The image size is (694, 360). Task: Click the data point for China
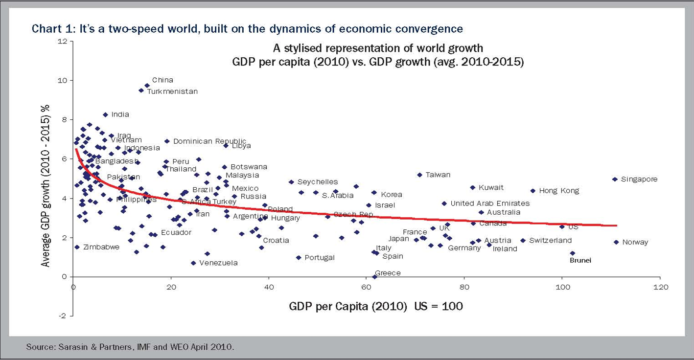(x=147, y=85)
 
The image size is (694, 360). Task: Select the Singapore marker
(x=615, y=179)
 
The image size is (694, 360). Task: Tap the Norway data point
(x=616, y=242)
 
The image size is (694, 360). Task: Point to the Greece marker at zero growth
(x=374, y=277)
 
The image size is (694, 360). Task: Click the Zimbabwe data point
(x=77, y=247)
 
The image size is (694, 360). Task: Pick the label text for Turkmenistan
(x=172, y=91)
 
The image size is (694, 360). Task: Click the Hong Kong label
(x=559, y=191)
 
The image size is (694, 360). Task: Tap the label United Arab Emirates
(x=490, y=203)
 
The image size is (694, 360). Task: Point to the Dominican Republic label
(x=209, y=141)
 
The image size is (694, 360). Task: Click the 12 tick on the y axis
(x=62, y=41)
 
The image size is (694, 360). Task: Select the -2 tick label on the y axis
(x=62, y=315)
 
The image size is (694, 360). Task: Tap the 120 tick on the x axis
(x=660, y=287)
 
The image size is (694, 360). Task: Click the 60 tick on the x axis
(x=367, y=287)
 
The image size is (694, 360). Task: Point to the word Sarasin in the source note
(x=67, y=347)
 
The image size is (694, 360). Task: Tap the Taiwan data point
(x=419, y=175)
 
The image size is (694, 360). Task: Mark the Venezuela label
(x=218, y=263)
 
